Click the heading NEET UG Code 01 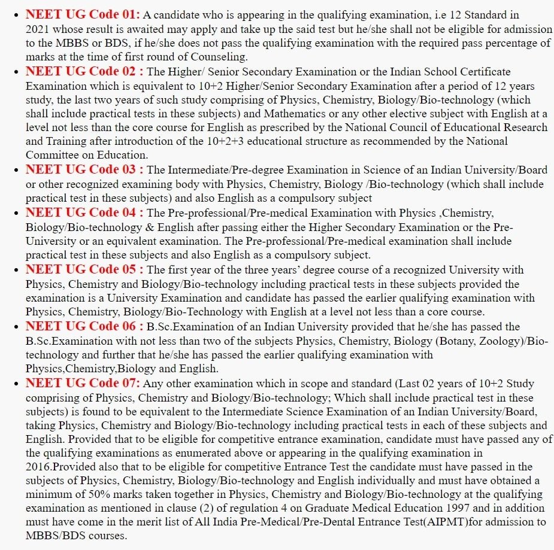[83, 14]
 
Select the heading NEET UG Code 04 [84, 212]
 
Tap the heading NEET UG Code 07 [83, 383]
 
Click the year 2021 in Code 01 [39, 29]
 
